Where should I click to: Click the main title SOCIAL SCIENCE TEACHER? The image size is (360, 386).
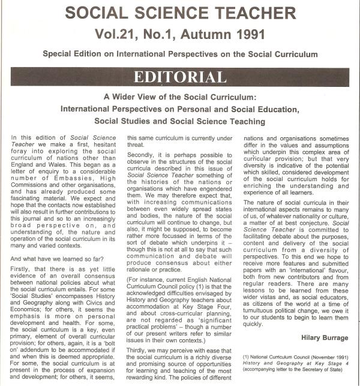point(180,13)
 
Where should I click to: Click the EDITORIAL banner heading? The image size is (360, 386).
point(180,77)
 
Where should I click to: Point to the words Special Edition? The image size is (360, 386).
point(71,55)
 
